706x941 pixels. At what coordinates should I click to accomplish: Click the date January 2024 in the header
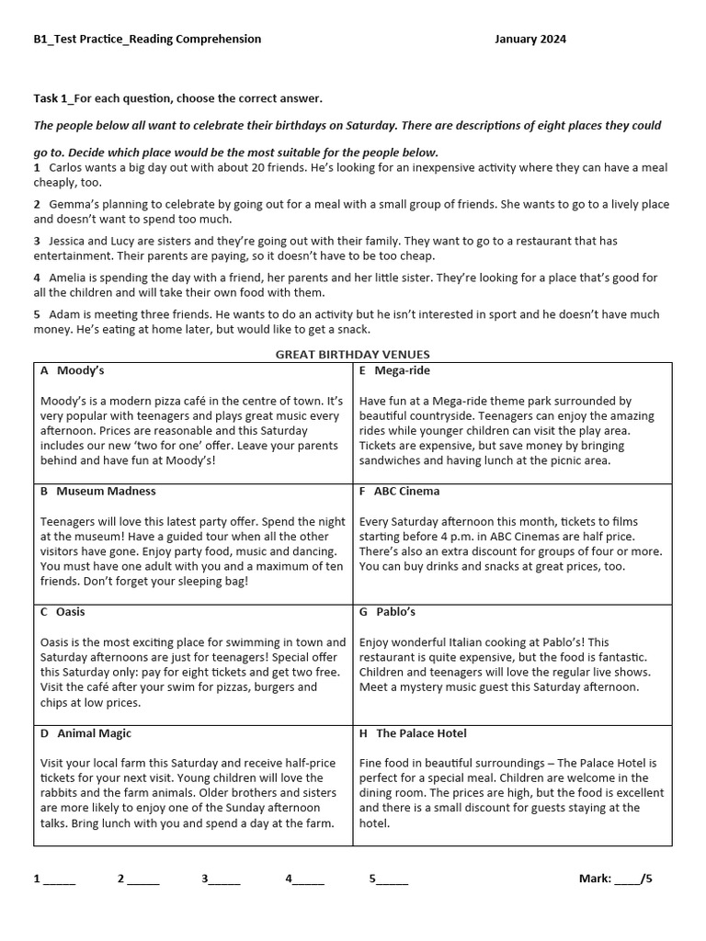[x=529, y=39]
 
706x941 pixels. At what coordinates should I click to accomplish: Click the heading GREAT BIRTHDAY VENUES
[x=353, y=355]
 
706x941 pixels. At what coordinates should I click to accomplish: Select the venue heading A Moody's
[x=72, y=370]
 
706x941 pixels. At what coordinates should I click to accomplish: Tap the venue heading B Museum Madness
[x=97, y=491]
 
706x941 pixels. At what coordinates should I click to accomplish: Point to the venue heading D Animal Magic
[x=85, y=733]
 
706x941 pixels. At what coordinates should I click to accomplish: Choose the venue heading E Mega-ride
[x=394, y=370]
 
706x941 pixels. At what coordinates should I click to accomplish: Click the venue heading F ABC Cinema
[x=399, y=491]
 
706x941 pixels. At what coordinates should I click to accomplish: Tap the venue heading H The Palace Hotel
[x=413, y=733]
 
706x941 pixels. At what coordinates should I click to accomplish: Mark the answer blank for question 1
[x=59, y=879]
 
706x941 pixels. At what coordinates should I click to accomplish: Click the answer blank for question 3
[x=224, y=879]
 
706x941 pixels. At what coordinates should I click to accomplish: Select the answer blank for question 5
[x=393, y=879]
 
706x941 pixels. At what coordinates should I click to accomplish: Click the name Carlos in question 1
[x=66, y=168]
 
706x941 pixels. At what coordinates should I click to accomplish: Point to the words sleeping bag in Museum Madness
[x=210, y=582]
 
